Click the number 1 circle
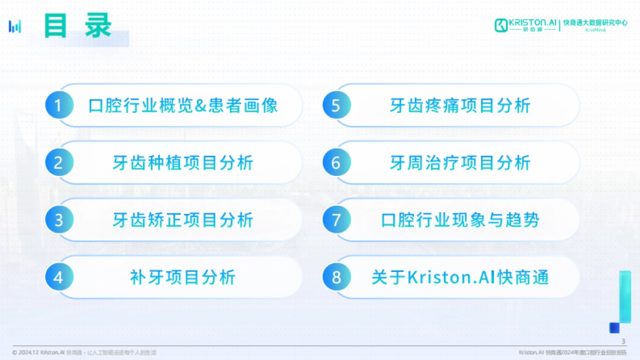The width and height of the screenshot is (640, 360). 58,106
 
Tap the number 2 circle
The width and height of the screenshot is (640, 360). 58,163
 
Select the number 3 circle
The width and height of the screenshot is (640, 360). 58,220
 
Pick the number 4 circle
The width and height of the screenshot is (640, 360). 58,277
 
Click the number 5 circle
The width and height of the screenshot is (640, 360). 335,106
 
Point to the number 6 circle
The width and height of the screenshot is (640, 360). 335,163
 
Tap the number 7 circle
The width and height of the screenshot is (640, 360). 335,220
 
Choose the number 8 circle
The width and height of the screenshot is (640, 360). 335,277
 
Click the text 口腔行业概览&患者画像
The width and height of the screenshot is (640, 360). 183,106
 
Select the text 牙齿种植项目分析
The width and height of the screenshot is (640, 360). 183,163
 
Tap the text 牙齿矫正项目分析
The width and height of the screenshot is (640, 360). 183,220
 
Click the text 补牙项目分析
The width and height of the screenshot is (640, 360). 183,277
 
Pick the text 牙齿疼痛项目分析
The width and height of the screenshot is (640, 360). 460,106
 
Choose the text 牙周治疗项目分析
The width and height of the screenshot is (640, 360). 460,163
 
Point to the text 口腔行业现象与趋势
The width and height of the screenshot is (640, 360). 460,220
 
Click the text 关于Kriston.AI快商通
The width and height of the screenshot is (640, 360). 460,277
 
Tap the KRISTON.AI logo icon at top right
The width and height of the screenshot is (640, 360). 501,25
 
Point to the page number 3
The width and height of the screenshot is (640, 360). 623,341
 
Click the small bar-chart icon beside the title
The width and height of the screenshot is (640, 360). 15,26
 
